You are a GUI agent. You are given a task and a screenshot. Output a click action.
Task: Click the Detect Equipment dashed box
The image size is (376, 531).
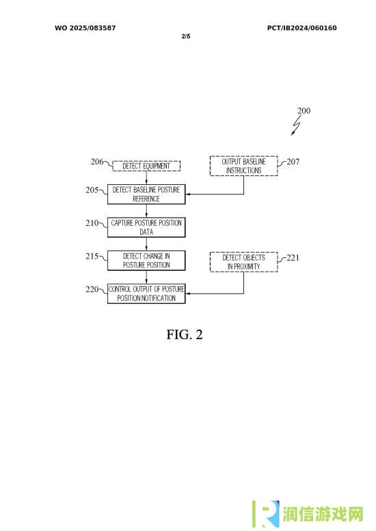[146, 166]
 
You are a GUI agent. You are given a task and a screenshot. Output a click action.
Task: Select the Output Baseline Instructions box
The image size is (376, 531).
[243, 166]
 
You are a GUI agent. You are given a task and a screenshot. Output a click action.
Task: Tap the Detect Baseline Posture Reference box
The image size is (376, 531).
[146, 195]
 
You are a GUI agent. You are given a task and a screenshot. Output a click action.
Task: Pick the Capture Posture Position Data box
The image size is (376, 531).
[146, 227]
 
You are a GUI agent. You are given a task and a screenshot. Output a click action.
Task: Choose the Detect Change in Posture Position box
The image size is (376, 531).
[146, 261]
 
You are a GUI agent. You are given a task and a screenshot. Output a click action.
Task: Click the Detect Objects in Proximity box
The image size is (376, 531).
[243, 262]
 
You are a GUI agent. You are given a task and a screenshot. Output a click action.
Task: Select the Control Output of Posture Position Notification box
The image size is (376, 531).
[146, 293]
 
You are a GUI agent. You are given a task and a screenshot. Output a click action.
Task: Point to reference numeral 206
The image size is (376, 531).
[97, 162]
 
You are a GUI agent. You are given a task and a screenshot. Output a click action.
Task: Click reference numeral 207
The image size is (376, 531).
[293, 162]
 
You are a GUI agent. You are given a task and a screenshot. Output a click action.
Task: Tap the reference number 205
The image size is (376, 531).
[92, 190]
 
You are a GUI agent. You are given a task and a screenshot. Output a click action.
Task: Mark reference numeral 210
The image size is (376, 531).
[92, 223]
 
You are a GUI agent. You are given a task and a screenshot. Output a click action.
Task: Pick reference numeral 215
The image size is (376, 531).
[92, 256]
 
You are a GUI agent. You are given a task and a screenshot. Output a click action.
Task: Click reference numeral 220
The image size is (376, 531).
[92, 289]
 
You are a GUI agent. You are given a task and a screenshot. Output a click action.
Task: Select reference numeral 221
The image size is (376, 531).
[293, 258]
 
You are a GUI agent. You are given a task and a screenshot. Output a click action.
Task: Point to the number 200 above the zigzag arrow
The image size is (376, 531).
[304, 111]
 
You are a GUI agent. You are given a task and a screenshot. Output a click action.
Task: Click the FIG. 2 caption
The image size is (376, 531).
[185, 334]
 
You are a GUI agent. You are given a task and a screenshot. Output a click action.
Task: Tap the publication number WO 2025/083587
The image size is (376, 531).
[85, 28]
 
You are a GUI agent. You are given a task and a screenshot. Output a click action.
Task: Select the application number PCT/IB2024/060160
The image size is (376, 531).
[302, 28]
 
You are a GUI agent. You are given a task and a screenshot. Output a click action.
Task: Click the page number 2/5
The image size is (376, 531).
[186, 36]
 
